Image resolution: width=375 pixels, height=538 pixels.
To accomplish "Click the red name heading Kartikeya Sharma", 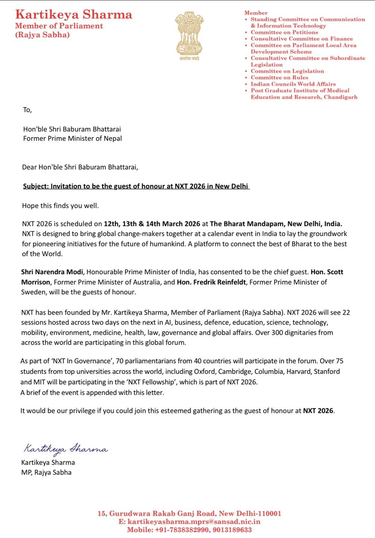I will pos(74,15).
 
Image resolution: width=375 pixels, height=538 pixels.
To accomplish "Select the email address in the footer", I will pos(194,522).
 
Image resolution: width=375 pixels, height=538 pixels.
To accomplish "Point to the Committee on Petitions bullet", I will pos(284,32).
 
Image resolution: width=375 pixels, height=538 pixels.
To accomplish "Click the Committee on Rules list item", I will pos(279,77).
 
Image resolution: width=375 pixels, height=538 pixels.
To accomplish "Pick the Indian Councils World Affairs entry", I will pos(293,84).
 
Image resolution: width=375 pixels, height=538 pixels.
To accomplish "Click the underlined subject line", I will pos(136,186).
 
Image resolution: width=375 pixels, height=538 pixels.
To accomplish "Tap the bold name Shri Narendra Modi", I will pos(53,272).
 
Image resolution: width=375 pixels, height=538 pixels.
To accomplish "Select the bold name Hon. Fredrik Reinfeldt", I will pos(211,282).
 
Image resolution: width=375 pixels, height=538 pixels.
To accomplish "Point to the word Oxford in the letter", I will pos(204,371).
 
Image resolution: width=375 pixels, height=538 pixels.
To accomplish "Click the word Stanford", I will pos(327,371).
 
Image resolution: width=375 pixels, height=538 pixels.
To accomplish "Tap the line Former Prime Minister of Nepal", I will pos(72,138).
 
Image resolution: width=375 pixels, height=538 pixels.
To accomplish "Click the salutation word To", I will pos(27,110).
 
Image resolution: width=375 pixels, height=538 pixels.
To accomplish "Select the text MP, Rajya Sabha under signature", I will pos(46,472).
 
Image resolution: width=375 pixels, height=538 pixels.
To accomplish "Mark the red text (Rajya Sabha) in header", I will pos(42,35).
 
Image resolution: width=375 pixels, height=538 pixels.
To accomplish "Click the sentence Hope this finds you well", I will pos(61,206).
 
